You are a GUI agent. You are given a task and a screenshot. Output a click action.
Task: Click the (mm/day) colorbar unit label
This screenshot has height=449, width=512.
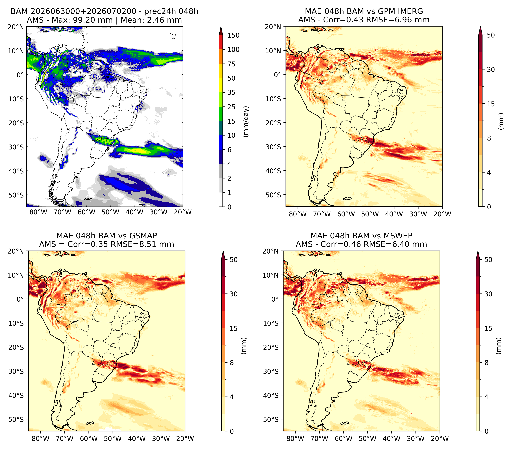pos(246,121)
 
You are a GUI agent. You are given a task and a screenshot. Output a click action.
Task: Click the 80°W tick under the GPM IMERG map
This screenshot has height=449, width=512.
pos(298,214)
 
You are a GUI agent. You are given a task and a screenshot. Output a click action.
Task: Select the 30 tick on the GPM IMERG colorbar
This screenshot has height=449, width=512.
pos(491,69)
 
